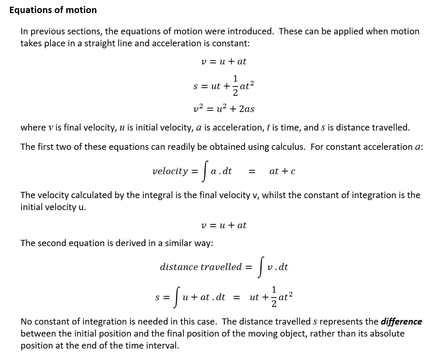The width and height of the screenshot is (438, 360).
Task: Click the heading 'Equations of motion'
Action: pos(53,10)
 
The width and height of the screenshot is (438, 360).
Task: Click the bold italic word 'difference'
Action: pos(401,321)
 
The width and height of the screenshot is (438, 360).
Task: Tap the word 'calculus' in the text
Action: pos(288,147)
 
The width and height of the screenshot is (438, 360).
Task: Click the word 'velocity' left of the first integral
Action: pos(170,171)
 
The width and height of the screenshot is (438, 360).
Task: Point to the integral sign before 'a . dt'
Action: pos(204,171)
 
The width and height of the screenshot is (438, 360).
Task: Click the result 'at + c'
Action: pos(282,171)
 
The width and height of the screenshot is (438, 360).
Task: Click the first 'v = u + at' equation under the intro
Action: pos(224,62)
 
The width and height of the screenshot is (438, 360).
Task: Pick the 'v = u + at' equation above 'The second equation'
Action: pos(224,225)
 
